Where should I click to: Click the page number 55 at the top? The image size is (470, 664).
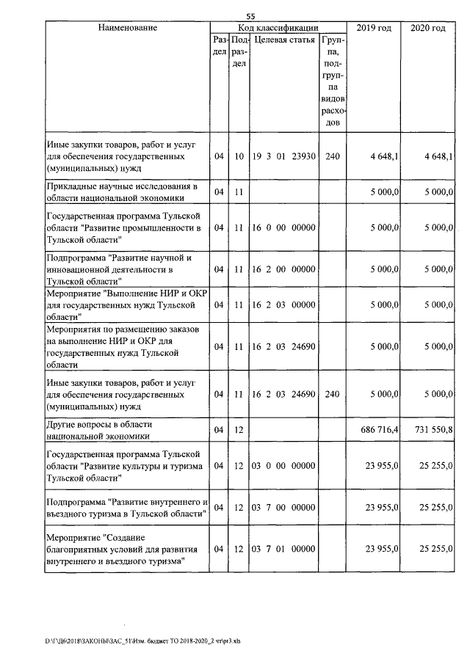250,16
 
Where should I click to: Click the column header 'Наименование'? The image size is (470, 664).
127,28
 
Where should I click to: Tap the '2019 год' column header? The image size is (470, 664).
374,28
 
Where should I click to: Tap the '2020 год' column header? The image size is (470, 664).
427,28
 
